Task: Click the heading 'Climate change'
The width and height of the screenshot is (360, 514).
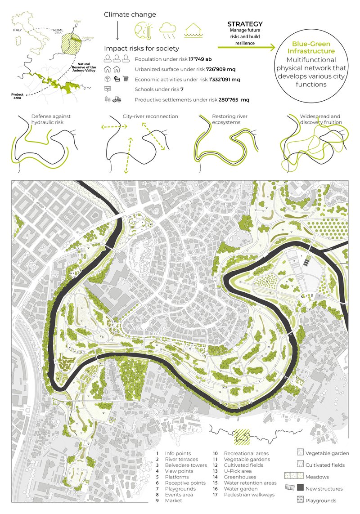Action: click(130, 15)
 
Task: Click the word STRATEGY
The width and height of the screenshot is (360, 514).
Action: click(245, 24)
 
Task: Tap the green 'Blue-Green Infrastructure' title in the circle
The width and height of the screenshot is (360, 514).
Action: click(311, 48)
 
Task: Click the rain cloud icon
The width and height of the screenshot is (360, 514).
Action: click(167, 30)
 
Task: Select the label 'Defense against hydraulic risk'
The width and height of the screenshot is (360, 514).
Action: click(51, 119)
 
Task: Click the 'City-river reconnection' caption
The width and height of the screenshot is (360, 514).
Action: click(150, 116)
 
